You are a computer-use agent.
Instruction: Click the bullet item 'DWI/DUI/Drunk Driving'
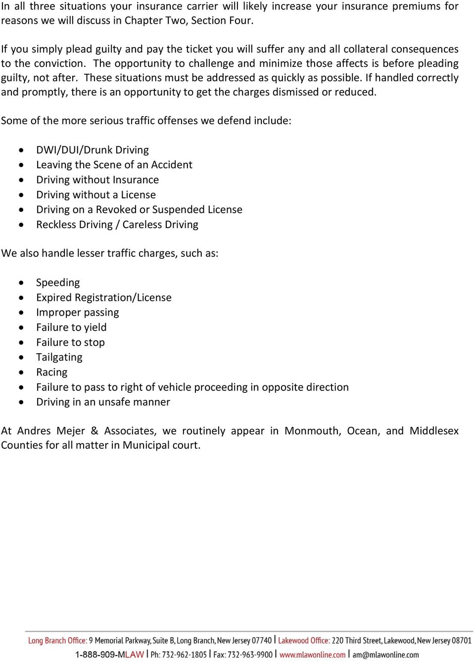pyautogui.click(x=93, y=150)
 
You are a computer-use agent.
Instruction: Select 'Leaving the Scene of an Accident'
pyautogui.click(x=114, y=165)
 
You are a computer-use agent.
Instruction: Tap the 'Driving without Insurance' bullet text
pyautogui.click(x=97, y=180)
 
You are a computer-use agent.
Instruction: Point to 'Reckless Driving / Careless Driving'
pyautogui.click(x=117, y=225)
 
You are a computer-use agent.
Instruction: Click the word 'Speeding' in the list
pyautogui.click(x=58, y=283)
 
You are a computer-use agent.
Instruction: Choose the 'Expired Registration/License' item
pyautogui.click(x=104, y=297)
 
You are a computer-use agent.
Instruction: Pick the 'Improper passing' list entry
pyautogui.click(x=78, y=313)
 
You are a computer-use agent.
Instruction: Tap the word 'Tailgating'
pyautogui.click(x=59, y=357)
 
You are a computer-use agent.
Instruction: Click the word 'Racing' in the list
pyautogui.click(x=52, y=372)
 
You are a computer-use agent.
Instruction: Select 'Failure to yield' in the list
pyautogui.click(x=71, y=328)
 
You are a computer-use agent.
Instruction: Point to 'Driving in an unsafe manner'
pyautogui.click(x=103, y=402)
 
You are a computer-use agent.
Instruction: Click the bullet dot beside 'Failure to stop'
pyautogui.click(x=21, y=342)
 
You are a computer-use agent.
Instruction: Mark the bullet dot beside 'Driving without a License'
pyautogui.click(x=21, y=195)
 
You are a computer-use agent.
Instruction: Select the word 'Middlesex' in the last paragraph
pyautogui.click(x=434, y=431)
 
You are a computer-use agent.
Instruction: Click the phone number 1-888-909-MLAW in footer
pyautogui.click(x=109, y=654)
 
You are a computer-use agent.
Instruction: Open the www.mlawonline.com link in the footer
pyautogui.click(x=312, y=654)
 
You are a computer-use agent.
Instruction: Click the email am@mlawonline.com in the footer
pyautogui.click(x=385, y=654)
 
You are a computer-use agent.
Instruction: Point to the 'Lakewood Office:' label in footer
pyautogui.click(x=303, y=640)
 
